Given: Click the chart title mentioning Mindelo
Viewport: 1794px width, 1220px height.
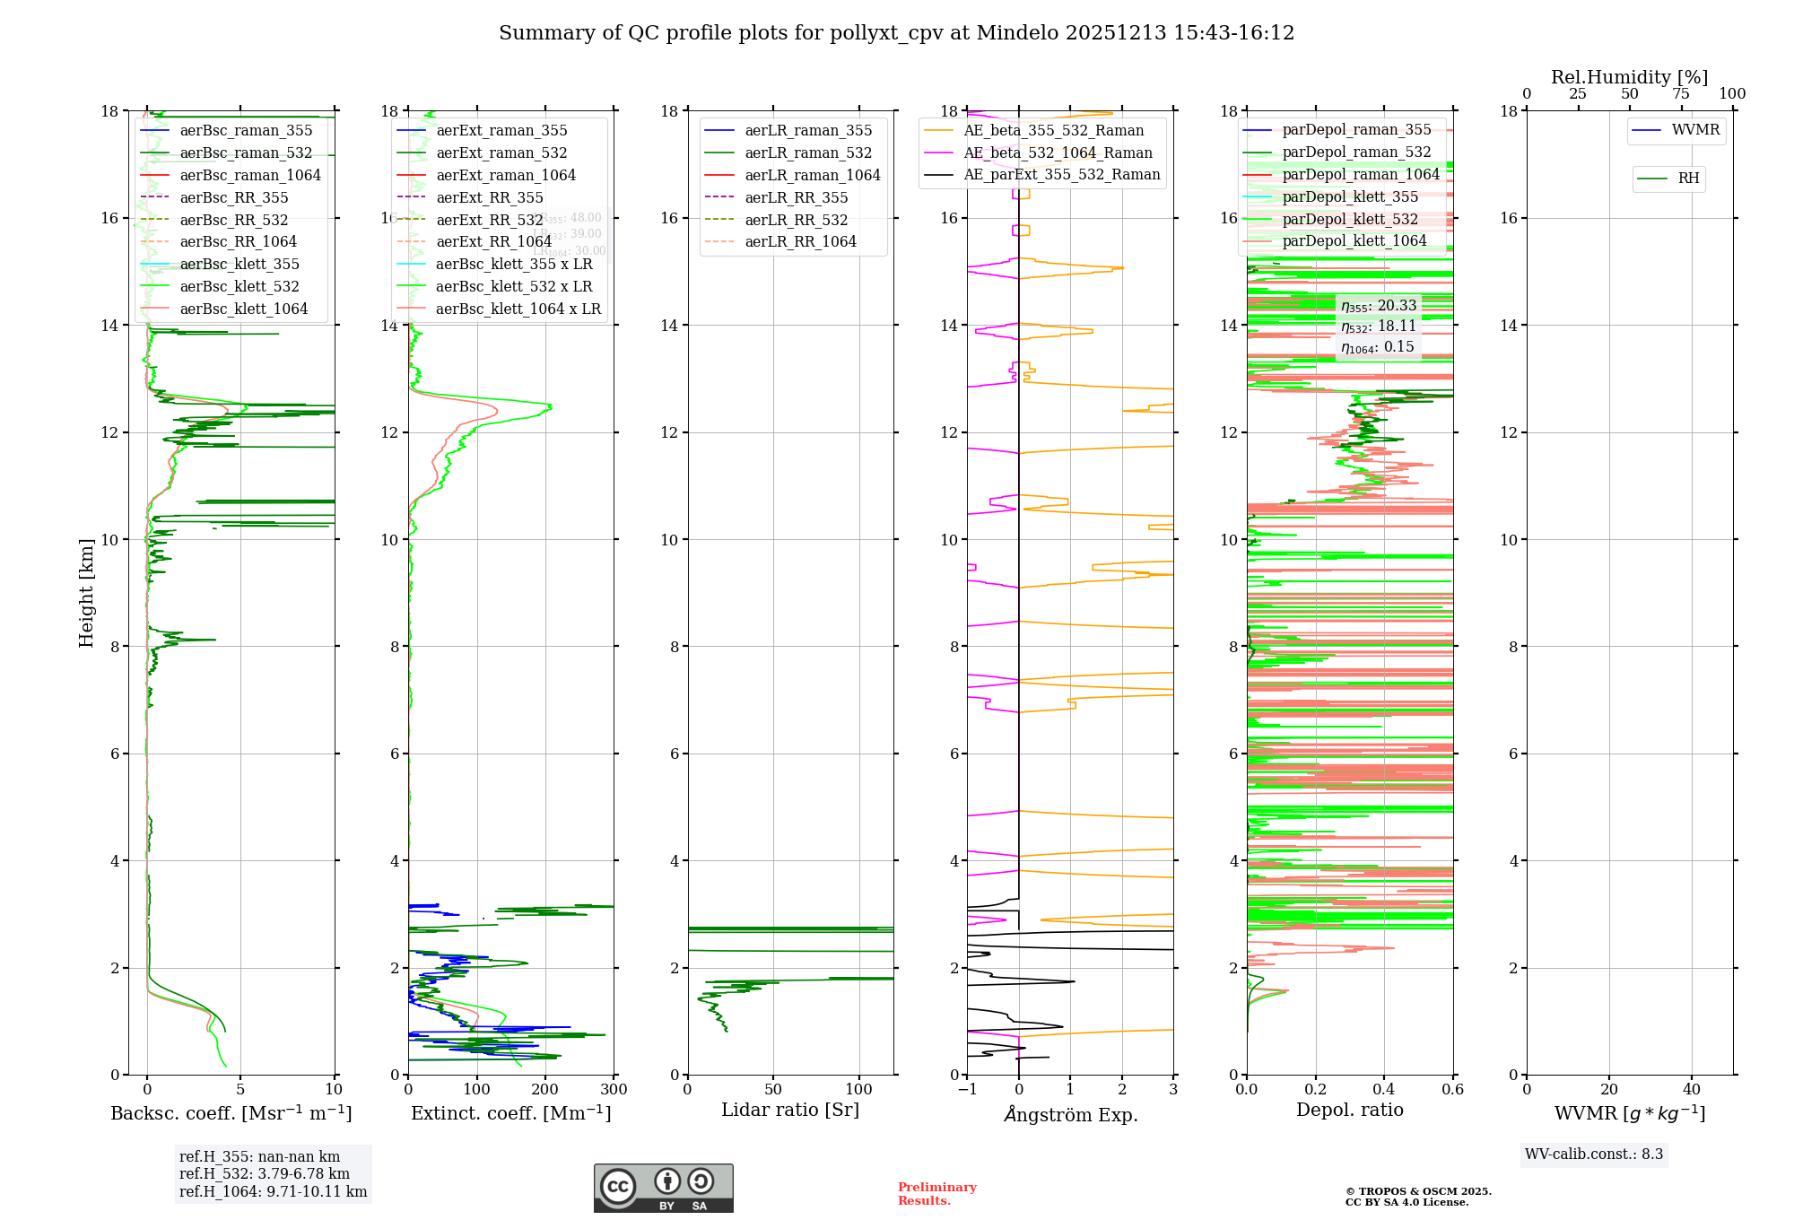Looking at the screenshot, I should pyautogui.click(x=896, y=33).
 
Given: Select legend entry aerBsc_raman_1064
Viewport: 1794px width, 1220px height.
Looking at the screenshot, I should pyautogui.click(x=250, y=176).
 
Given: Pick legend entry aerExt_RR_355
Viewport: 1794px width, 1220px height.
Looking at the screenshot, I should pyautogui.click(x=490, y=198).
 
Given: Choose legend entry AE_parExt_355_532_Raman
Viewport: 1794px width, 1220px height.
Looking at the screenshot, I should pyautogui.click(x=1061, y=175).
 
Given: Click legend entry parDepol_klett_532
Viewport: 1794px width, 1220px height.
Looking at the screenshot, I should pyautogui.click(x=1350, y=220).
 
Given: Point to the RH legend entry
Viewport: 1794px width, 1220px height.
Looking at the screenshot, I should pyautogui.click(x=1688, y=179).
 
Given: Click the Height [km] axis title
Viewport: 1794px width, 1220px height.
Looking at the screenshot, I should pyautogui.click(x=86, y=592).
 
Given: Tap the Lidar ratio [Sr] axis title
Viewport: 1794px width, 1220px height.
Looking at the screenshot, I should pyautogui.click(x=790, y=1111).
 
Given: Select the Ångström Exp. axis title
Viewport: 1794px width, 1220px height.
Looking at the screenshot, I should pyautogui.click(x=1070, y=1115).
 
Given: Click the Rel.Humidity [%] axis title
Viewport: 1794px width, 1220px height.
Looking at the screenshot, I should pyautogui.click(x=1629, y=77).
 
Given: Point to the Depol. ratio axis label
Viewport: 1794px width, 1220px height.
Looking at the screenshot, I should pyautogui.click(x=1349, y=1111).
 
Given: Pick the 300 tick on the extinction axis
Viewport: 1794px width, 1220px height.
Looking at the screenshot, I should pyautogui.click(x=614, y=1090).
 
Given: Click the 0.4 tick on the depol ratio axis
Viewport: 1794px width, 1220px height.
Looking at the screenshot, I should pyautogui.click(x=1384, y=1090).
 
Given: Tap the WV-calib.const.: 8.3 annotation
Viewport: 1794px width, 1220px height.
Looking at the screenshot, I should pyautogui.click(x=1593, y=1155).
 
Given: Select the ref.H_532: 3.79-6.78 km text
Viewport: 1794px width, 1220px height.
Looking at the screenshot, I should pyautogui.click(x=265, y=1174).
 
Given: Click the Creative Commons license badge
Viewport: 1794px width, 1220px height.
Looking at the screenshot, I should pyautogui.click(x=663, y=1189).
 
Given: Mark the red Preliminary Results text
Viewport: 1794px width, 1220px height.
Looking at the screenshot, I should pyautogui.click(x=936, y=1194).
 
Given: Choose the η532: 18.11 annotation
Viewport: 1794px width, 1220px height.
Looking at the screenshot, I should pyautogui.click(x=1378, y=327).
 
